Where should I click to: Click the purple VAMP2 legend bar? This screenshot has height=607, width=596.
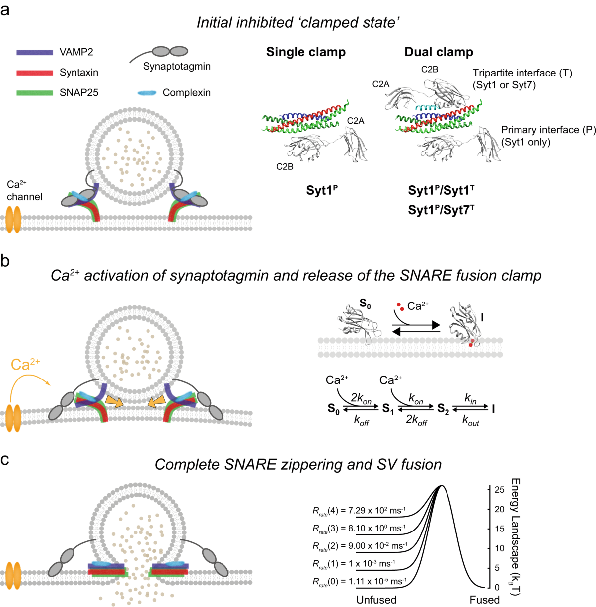pos(35,52)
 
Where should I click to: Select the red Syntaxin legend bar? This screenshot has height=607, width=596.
pos(35,73)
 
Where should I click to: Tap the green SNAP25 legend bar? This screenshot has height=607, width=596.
pos(35,93)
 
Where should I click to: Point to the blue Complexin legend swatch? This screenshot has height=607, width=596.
pos(147,93)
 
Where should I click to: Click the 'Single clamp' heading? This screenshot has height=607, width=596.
pos(305,52)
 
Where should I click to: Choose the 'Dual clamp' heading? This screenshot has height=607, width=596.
pos(439,52)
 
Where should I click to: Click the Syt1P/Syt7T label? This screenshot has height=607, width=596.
pos(441,210)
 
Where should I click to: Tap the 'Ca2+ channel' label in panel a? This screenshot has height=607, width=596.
pos(24,191)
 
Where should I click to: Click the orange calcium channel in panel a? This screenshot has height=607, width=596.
pos(14,218)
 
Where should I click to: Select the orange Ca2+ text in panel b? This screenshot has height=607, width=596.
pos(25,365)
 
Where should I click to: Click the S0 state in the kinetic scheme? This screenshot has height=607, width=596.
pos(334,409)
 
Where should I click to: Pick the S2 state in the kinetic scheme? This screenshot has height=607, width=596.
pos(443,409)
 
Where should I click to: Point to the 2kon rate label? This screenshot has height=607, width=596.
pos(361,399)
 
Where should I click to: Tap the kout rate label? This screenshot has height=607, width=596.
pos(470,421)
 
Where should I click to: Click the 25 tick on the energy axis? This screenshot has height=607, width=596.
pos(499,490)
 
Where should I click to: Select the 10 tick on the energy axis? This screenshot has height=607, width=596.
pos(499,548)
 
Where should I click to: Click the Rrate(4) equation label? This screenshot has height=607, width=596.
pos(359,511)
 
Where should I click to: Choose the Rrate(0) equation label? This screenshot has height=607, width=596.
pos(359,581)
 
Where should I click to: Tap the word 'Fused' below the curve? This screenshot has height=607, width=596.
pos(484,600)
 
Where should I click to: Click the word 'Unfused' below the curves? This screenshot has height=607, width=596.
pos(376,600)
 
